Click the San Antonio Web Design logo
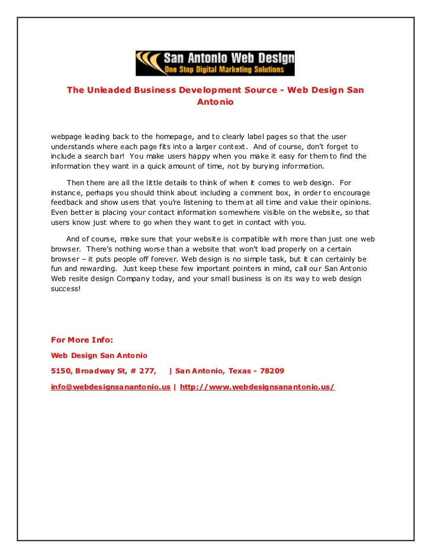(215, 63)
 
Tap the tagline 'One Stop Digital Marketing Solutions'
(229, 70)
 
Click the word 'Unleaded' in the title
(110, 90)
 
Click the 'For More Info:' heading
(82, 340)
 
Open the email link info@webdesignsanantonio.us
(111, 387)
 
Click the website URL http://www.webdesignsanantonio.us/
(257, 387)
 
